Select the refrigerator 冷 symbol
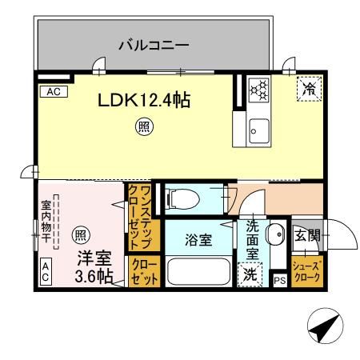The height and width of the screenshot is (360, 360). coord(308,90)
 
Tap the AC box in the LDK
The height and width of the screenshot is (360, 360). coord(54,92)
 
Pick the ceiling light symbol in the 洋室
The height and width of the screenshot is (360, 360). coord(80,234)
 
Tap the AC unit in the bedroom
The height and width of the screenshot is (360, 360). coord(46,273)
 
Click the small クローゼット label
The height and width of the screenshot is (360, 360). coord(144,270)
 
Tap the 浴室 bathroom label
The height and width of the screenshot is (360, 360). coord(200,238)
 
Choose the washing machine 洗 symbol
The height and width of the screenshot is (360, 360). coord(250,273)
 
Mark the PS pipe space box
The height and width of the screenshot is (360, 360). coord(279,280)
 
